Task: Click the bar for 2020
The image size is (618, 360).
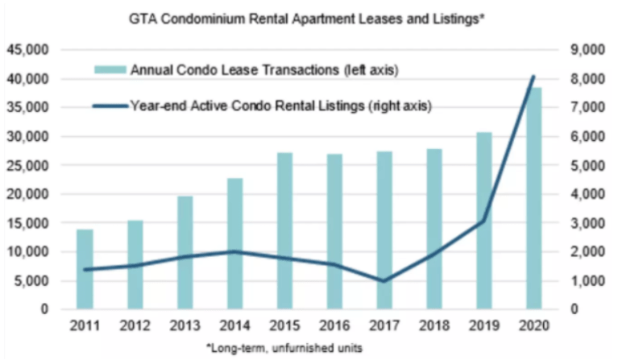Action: point(533,198)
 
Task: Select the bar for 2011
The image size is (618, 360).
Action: point(85,269)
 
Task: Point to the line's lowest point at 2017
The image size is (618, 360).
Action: point(384,281)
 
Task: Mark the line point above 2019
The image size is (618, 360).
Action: point(483,221)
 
